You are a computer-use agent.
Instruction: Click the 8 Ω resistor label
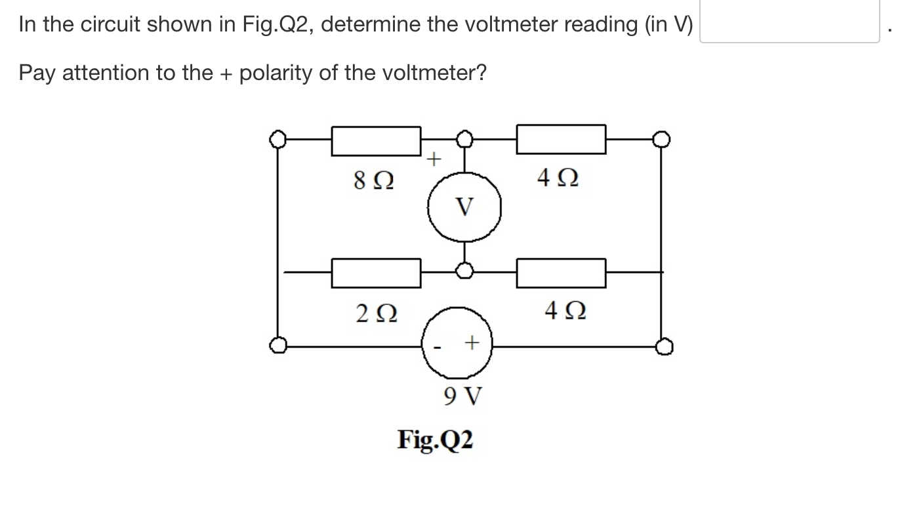374,179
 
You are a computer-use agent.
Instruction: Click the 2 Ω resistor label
375,314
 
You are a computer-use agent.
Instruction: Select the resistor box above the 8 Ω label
376,140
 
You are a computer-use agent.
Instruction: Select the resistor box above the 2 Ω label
376,273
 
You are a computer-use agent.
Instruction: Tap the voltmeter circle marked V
465,208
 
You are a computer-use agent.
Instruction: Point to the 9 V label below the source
462,396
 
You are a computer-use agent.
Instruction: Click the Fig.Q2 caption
435,439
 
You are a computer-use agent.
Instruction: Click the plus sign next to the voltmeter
434,159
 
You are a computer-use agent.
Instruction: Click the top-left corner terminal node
278,139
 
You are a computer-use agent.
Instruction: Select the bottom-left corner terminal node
278,345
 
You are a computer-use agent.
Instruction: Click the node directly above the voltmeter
465,138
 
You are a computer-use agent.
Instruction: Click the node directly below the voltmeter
465,270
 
